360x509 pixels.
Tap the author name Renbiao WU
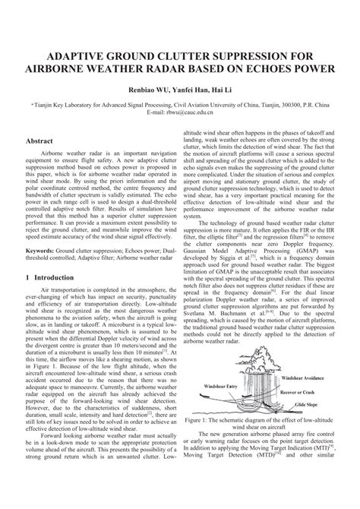[x=132, y=87]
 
